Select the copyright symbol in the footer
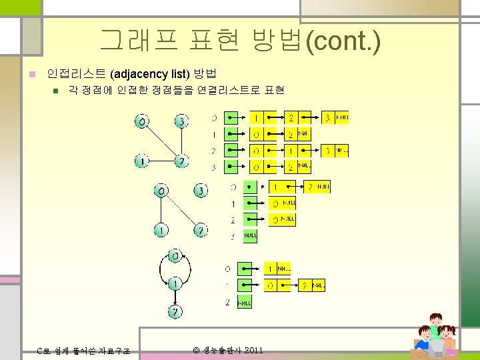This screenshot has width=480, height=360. pyautogui.click(x=196, y=350)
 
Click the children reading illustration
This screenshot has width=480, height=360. pyautogui.click(x=437, y=337)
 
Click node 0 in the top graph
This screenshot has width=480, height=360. pyautogui.click(x=141, y=122)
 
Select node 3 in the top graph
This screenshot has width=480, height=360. pyautogui.click(x=181, y=121)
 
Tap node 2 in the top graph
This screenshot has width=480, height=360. pyautogui.click(x=181, y=161)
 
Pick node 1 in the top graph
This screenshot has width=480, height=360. pyautogui.click(x=141, y=161)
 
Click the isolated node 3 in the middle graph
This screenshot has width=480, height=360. pyautogui.click(x=200, y=191)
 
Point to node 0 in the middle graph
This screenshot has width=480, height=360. pyautogui.click(x=161, y=191)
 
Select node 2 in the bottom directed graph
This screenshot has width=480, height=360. pyautogui.click(x=174, y=311)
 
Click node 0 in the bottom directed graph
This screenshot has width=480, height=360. pyautogui.click(x=174, y=255)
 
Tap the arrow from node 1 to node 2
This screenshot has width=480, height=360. pyautogui.click(x=174, y=297)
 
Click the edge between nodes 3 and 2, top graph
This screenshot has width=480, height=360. pyautogui.click(x=181, y=141)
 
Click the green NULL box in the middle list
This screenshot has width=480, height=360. pyautogui.click(x=250, y=235)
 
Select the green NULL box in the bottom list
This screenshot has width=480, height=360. pyautogui.click(x=245, y=302)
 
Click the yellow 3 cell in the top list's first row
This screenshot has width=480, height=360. pyautogui.click(x=327, y=118)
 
